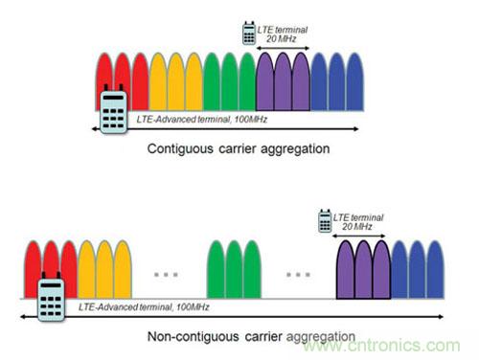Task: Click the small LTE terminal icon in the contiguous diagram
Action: pos(249,33)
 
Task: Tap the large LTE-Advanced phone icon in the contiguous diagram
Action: pos(114,109)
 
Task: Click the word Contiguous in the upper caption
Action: pos(180,149)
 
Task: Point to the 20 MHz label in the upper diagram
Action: pos(282,39)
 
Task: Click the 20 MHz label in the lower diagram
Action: pos(357,227)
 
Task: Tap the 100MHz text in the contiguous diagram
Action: pos(251,120)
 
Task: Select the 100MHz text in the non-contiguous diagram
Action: pos(193,307)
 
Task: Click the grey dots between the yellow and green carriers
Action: pos(166,275)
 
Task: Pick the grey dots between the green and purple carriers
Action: pos(298,275)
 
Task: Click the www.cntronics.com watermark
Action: pos(381,346)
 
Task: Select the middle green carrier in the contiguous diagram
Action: pos(229,82)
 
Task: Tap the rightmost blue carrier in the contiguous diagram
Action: pos(354,82)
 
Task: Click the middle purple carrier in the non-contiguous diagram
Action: pos(363,270)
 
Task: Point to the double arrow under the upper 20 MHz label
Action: pos(283,48)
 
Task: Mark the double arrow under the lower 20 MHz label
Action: pos(358,236)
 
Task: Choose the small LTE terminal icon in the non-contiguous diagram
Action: pos(325,221)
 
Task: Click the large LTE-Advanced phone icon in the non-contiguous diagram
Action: pos(51,297)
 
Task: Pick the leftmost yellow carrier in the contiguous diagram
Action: pos(158,82)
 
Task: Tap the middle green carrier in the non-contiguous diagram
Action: pos(234,270)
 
